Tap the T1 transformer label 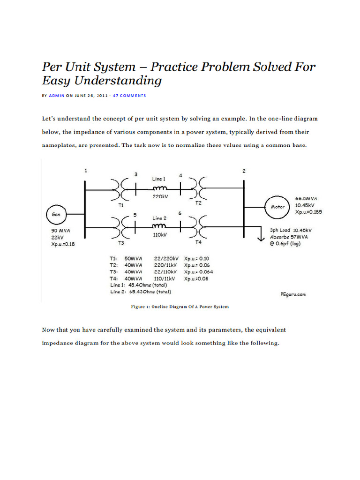[120, 205]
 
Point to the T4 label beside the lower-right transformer [198, 242]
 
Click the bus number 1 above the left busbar [85, 171]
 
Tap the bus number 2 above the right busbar [244, 171]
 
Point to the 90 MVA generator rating [60, 231]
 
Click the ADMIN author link [57, 96]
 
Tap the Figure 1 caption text [180, 307]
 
